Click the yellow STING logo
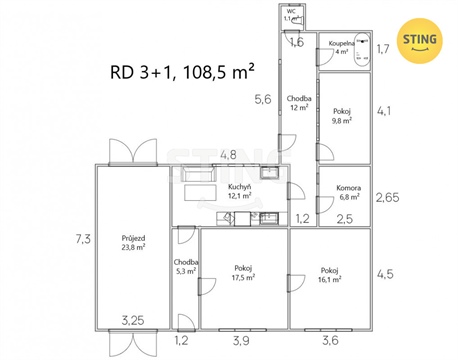point(421,40)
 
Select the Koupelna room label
point(341,48)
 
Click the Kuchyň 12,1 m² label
point(239,191)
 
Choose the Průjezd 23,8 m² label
point(134,241)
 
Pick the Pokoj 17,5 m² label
point(243,273)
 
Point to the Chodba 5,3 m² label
point(186,266)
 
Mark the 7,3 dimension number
point(82,239)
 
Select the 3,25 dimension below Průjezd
point(133,321)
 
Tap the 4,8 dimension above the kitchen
point(228,155)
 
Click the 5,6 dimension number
point(263,99)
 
